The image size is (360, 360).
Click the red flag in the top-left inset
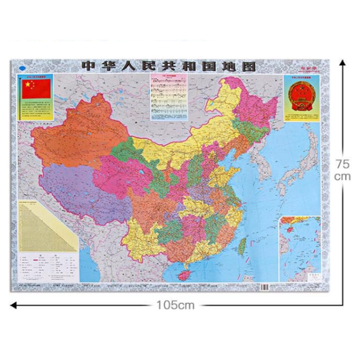36,89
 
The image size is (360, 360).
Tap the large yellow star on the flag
28,85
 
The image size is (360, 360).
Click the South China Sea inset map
300,247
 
